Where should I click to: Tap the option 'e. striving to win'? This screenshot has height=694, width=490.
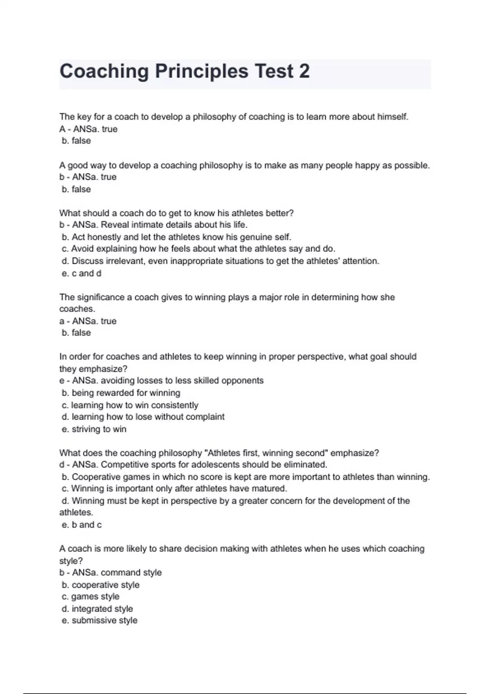point(94,429)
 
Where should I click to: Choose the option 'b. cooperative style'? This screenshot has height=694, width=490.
point(100,585)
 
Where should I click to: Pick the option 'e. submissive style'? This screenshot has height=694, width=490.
point(100,621)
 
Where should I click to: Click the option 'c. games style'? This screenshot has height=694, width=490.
point(91,596)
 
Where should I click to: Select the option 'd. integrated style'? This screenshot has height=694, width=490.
point(97,609)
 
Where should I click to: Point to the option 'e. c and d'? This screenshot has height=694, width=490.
point(81,273)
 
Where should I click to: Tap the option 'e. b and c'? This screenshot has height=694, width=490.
point(81,525)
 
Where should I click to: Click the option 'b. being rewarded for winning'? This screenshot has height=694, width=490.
point(121,393)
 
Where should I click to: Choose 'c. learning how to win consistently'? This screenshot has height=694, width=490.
point(130,405)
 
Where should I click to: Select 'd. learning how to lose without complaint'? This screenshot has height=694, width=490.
point(143,417)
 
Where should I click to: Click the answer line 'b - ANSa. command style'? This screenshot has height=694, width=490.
point(110,572)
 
